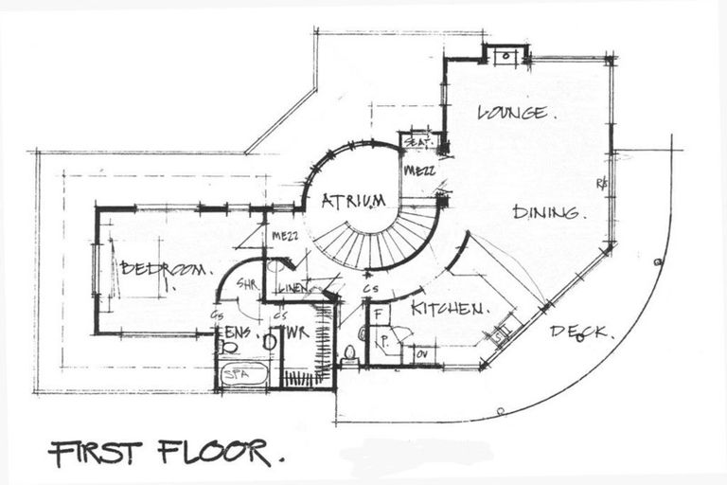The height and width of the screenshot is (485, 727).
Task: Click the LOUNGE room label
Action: coord(513,113)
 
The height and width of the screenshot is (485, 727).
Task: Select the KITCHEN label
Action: coord(449,308)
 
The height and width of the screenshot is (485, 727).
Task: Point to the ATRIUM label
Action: coord(353,200)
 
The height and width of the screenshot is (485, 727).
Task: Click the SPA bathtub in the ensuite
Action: coord(243,374)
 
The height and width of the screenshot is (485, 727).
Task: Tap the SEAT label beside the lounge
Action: coord(416,142)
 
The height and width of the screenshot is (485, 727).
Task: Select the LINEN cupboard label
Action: coord(293,288)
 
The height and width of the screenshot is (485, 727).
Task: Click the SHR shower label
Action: coord(248,283)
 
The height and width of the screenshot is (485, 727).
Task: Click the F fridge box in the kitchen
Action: coord(377,312)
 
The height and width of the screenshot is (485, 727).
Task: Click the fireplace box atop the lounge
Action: coord(505,55)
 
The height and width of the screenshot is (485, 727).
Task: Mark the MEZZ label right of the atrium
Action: coord(418,171)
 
